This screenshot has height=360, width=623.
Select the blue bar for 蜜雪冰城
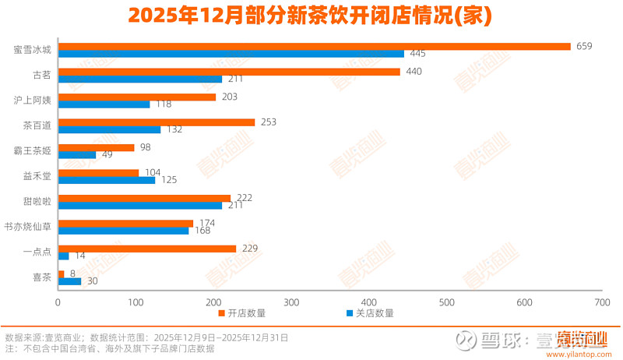(x=231, y=54)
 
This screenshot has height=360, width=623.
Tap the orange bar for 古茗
(x=229, y=72)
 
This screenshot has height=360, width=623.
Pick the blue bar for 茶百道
(x=109, y=129)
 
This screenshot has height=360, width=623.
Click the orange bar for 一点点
(x=147, y=249)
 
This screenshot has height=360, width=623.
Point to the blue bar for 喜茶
(x=69, y=281)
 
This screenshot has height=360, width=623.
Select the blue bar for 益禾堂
(x=107, y=180)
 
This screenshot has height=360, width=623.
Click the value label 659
(x=584, y=46)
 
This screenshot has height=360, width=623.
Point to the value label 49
(x=107, y=155)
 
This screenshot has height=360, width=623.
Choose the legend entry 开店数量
(x=241, y=313)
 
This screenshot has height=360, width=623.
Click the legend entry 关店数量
(x=369, y=313)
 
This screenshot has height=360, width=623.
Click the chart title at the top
(x=311, y=16)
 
